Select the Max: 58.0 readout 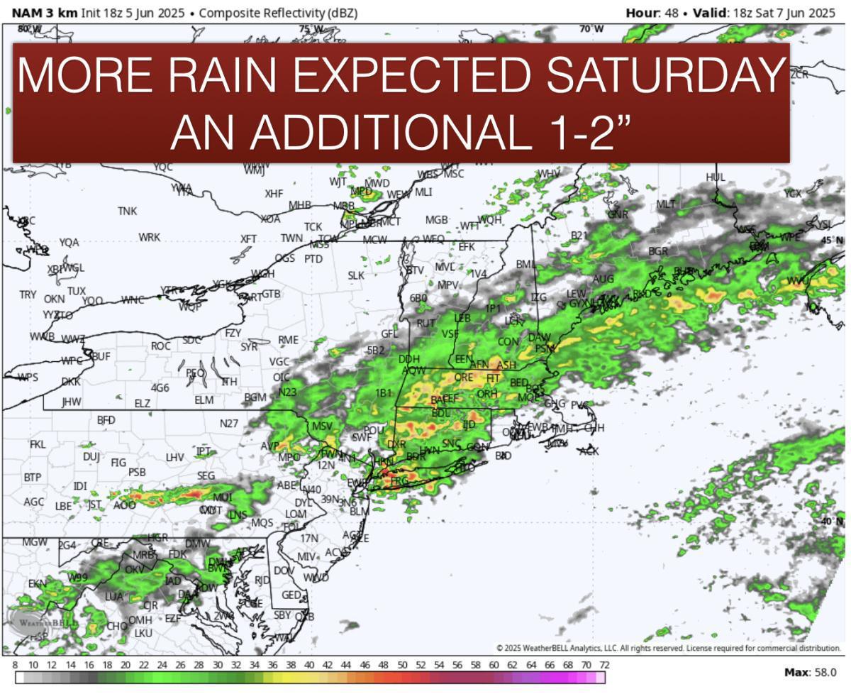click(x=810, y=672)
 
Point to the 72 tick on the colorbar click(x=604, y=665)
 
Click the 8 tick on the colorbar click(x=15, y=665)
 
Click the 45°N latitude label click(x=832, y=241)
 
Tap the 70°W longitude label click(x=591, y=29)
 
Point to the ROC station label click(x=161, y=346)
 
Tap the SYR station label click(x=249, y=347)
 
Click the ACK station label click(x=589, y=451)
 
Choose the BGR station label click(x=658, y=251)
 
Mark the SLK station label click(x=356, y=275)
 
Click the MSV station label click(x=322, y=426)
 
